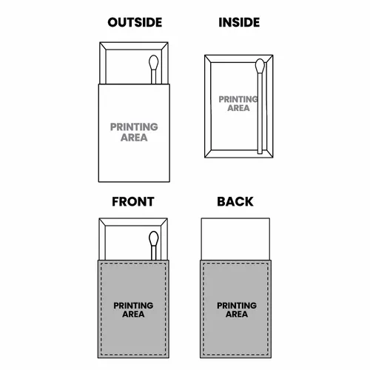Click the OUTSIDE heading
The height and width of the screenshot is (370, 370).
[135, 22]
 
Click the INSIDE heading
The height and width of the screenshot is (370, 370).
[239, 22]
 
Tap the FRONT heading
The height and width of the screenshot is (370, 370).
[133, 201]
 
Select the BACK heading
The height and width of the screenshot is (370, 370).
[235, 201]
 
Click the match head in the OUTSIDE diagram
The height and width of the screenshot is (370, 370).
[154, 62]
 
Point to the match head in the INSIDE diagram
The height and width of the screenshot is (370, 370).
[260, 66]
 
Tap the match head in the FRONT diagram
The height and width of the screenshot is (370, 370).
[154, 238]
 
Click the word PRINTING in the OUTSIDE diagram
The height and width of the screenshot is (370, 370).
[134, 127]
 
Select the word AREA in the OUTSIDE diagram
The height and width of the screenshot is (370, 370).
[134, 138]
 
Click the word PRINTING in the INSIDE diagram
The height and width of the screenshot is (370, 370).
[238, 99]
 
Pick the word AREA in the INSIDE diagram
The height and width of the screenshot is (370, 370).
[238, 108]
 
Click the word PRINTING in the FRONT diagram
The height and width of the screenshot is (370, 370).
[133, 306]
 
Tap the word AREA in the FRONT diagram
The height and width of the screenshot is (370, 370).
[133, 314]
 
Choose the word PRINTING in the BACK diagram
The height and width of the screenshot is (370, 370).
[237, 306]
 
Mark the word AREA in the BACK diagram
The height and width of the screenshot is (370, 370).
[237, 314]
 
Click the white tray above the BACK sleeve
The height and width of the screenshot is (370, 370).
[235, 239]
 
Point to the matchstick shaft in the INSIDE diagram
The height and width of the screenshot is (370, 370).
[260, 113]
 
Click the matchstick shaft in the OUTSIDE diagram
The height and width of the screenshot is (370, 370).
[154, 77]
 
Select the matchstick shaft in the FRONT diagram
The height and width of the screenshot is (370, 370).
[154, 253]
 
